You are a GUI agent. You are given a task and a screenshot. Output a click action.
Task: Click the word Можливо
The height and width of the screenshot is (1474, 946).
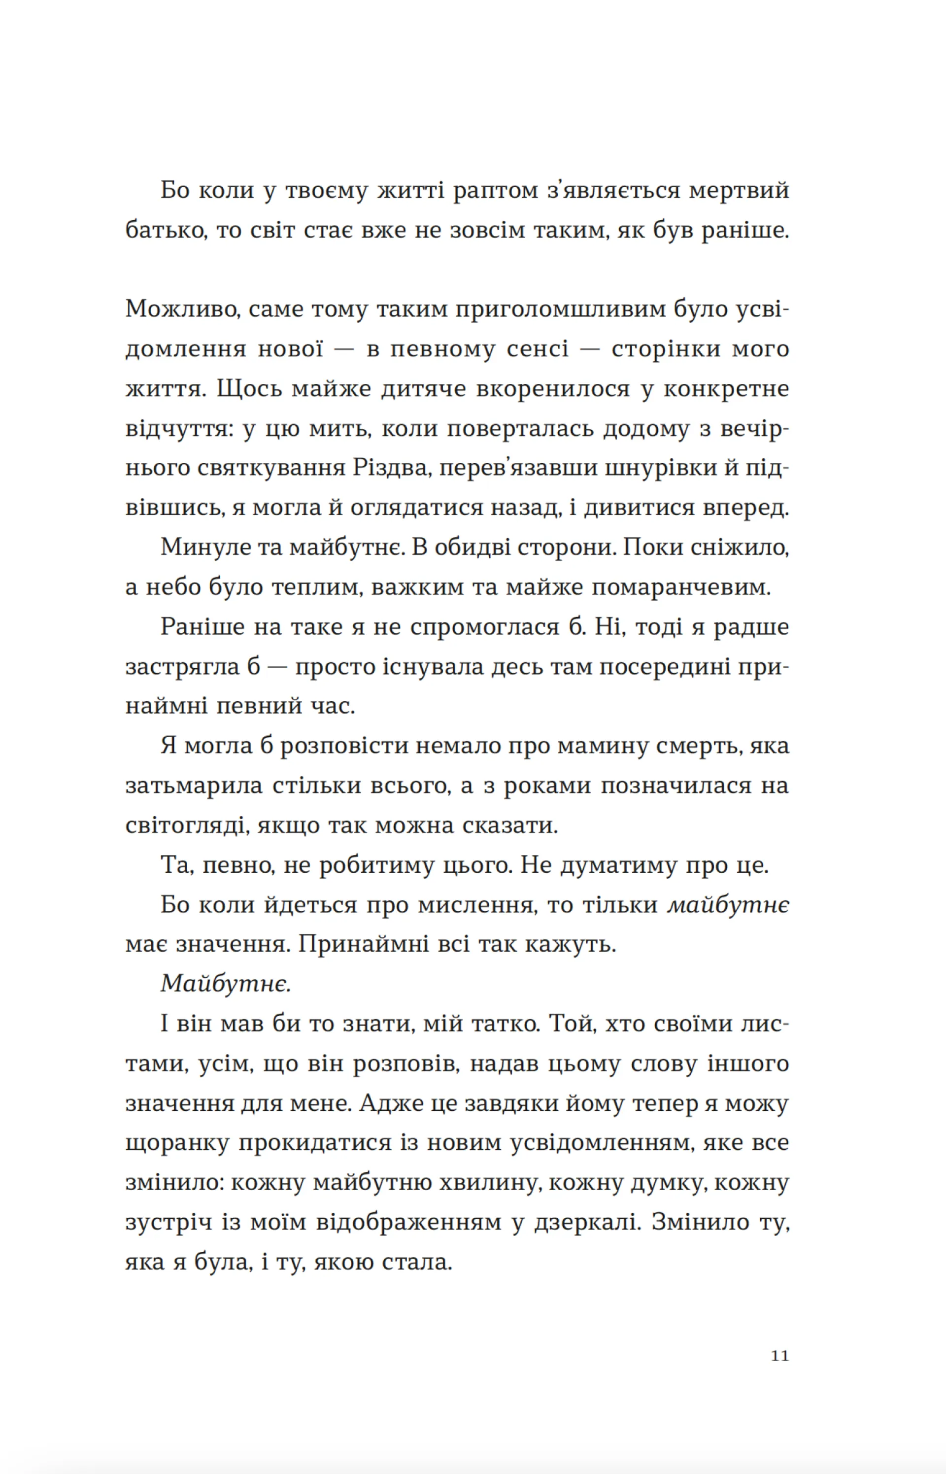coord(182,309)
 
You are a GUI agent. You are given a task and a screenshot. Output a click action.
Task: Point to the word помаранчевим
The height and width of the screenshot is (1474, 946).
coord(680,588)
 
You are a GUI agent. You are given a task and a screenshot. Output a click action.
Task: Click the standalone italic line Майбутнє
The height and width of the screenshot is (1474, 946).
coord(225,984)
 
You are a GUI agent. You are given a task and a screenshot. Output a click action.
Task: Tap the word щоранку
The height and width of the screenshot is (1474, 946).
coord(177,1143)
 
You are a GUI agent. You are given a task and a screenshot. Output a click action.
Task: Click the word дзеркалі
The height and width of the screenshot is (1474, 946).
coord(585,1223)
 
